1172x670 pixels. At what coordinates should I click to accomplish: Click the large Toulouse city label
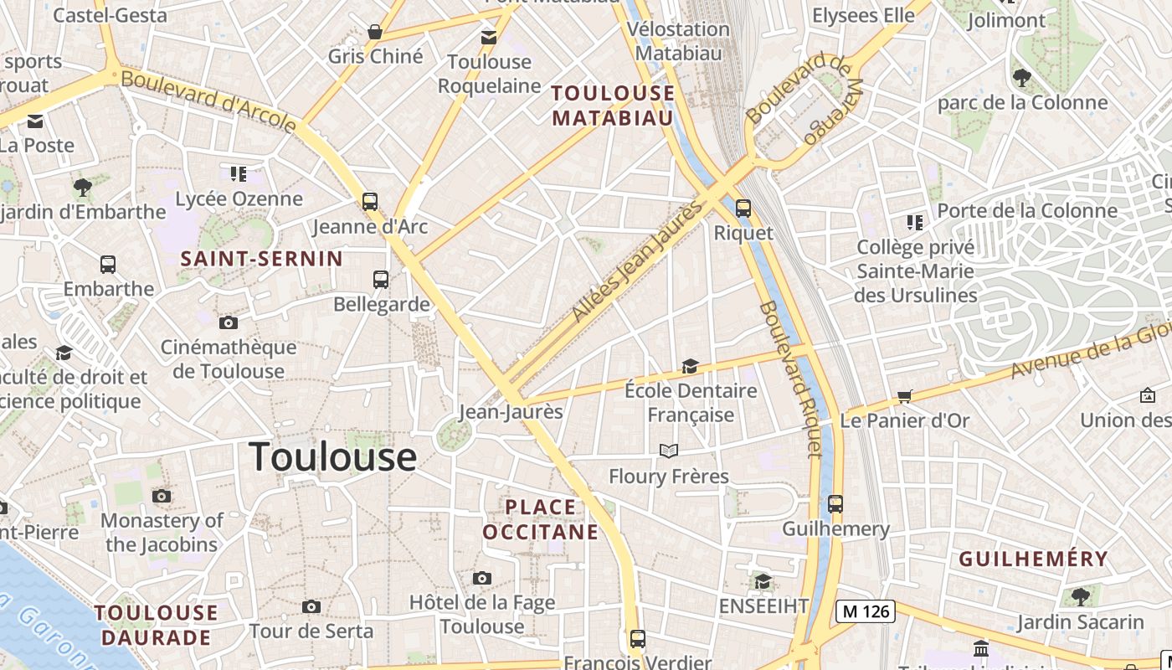[332, 456]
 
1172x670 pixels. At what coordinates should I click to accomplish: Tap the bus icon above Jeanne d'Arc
[370, 201]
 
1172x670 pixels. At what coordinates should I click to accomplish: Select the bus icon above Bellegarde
[381, 279]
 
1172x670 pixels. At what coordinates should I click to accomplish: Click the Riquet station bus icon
[743, 208]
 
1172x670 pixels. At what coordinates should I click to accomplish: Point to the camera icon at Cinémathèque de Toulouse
[228, 322]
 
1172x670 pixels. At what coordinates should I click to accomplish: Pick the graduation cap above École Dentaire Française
[690, 366]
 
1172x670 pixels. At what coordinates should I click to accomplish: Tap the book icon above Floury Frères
[668, 451]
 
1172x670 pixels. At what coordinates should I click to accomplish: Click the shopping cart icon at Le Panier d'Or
[904, 396]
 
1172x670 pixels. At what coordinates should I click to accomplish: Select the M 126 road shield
[866, 611]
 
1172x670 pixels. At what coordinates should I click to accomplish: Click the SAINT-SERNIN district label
[262, 259]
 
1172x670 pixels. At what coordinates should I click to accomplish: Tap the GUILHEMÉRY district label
[1033, 559]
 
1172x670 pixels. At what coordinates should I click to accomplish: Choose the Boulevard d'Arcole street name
[208, 102]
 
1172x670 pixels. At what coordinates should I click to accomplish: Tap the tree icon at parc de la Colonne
[1021, 78]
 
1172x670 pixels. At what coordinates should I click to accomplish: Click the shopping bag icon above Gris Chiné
[375, 32]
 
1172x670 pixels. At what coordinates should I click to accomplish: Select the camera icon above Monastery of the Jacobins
[162, 496]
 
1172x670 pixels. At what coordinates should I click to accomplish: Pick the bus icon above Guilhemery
[835, 504]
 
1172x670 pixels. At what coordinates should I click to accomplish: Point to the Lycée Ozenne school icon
[239, 174]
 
